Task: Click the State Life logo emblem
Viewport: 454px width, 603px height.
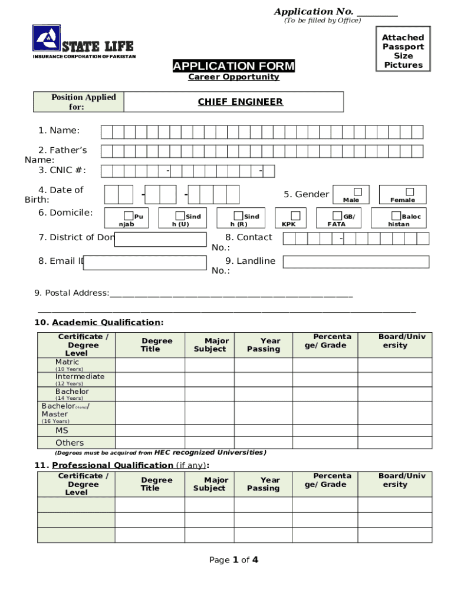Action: click(47, 39)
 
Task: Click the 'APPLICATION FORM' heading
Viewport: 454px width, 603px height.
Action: click(233, 66)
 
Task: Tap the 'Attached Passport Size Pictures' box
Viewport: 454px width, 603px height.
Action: click(403, 51)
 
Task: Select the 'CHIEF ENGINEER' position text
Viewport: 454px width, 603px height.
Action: click(240, 102)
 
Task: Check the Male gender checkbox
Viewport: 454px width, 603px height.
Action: click(357, 192)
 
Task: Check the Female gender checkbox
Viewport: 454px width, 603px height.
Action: click(409, 192)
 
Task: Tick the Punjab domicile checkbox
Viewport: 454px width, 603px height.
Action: click(129, 216)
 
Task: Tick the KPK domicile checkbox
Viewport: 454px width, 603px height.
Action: click(295, 216)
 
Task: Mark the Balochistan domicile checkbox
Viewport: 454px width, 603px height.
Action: click(396, 216)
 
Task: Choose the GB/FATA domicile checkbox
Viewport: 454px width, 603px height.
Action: click(338, 216)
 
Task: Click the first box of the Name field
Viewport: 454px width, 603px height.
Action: click(107, 132)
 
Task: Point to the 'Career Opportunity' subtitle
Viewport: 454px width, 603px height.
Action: click(233, 77)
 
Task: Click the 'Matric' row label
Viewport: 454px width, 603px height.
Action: click(67, 362)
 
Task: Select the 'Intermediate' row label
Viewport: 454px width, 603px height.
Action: click(80, 376)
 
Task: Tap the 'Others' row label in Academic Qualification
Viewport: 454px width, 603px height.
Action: click(70, 443)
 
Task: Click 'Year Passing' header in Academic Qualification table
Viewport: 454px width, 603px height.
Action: click(264, 345)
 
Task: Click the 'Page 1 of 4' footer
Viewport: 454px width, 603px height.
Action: click(233, 560)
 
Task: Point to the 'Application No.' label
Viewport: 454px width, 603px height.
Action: click(314, 12)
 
